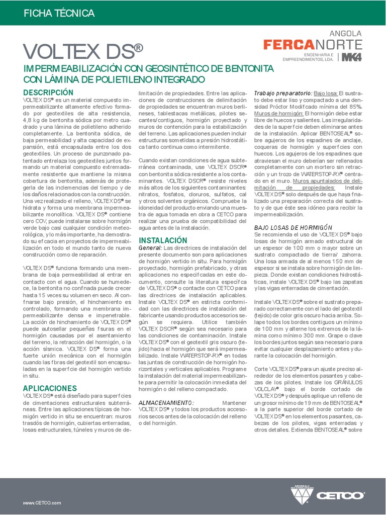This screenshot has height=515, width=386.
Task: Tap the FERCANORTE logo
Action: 312,44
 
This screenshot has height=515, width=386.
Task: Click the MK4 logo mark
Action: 351,57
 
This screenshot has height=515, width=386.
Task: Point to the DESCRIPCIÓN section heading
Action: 48,93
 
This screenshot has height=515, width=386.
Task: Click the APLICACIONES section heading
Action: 50,388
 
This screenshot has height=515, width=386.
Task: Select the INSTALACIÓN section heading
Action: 163,240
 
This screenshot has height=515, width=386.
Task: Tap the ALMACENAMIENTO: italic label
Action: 166,403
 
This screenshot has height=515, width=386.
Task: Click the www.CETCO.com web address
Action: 42,489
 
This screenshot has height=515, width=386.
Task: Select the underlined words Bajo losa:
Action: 326,94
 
